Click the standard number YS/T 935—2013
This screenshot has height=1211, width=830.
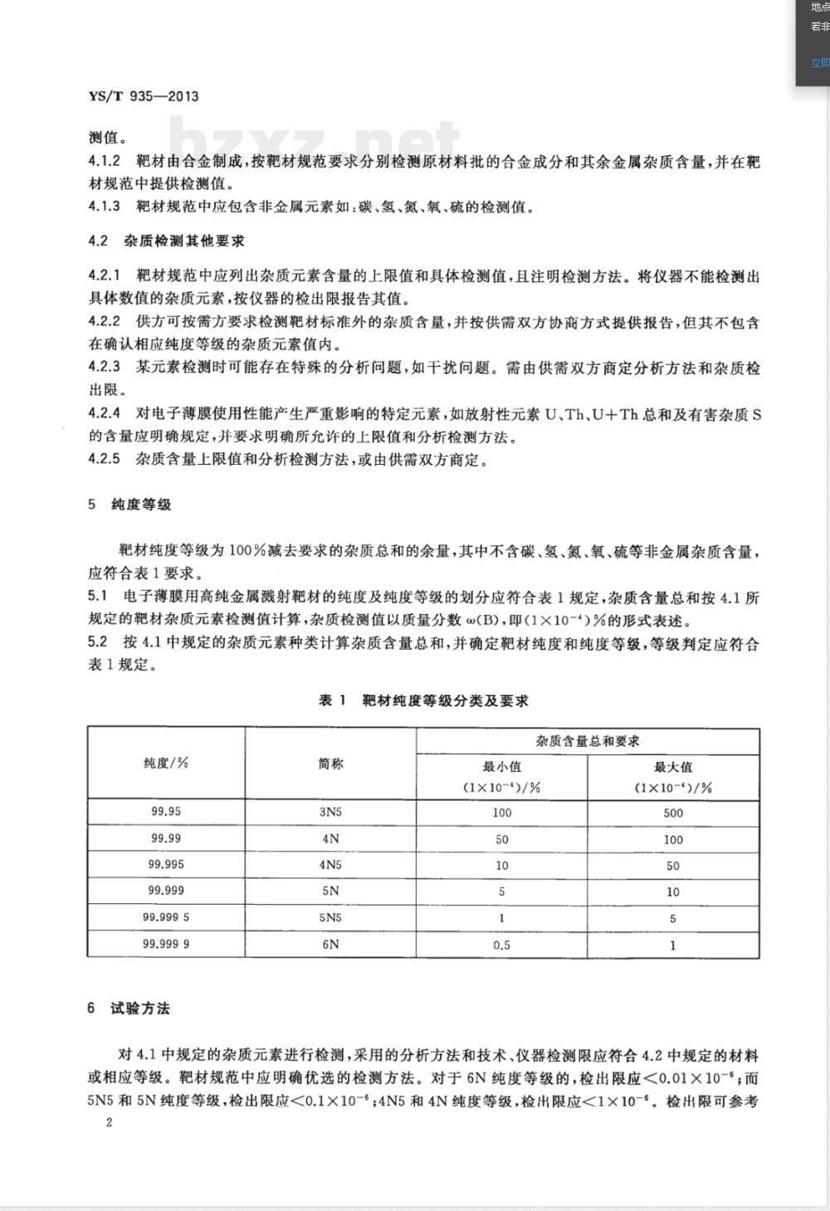tap(143, 96)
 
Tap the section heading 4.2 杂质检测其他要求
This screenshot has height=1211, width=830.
tap(166, 242)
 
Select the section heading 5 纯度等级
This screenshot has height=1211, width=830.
tap(129, 505)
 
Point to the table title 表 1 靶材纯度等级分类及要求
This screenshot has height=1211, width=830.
tap(423, 701)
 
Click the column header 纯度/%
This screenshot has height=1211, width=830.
tap(166, 763)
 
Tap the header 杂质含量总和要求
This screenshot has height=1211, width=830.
tap(588, 740)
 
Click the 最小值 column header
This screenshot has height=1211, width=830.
tap(502, 767)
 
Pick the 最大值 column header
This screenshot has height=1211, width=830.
tap(673, 767)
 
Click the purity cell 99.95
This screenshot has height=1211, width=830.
tap(166, 812)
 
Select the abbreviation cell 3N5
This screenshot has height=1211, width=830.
tap(330, 813)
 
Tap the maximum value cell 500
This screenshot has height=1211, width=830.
tap(673, 813)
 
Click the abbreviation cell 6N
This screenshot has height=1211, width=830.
tap(330, 944)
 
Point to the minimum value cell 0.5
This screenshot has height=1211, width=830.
tap(502, 945)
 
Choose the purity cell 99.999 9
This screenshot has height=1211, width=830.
tap(166, 944)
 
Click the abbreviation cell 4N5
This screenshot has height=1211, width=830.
tap(330, 865)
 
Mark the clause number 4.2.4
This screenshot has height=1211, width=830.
tap(105, 413)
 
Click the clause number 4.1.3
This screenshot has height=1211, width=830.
tap(105, 207)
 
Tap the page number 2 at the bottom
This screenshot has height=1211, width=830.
tap(108, 1122)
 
